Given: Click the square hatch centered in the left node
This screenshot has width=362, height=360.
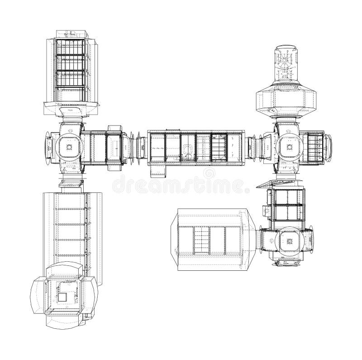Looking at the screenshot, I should coord(69,147).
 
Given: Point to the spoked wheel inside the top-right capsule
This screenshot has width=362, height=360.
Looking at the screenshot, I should coord(285,62).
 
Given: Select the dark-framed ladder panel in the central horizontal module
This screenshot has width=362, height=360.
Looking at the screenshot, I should coord(219,147).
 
